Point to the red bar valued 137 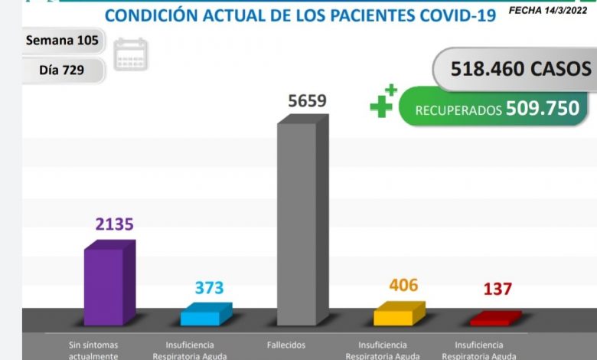coord(494,317)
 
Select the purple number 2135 coord(114,224)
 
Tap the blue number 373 coord(209,287)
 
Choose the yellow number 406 coord(403,286)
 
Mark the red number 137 coord(497,289)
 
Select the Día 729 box coord(61,70)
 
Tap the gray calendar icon coord(130,55)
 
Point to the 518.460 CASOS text coord(520,69)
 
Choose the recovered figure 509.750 coord(543,109)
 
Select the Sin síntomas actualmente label coord(93,350)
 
